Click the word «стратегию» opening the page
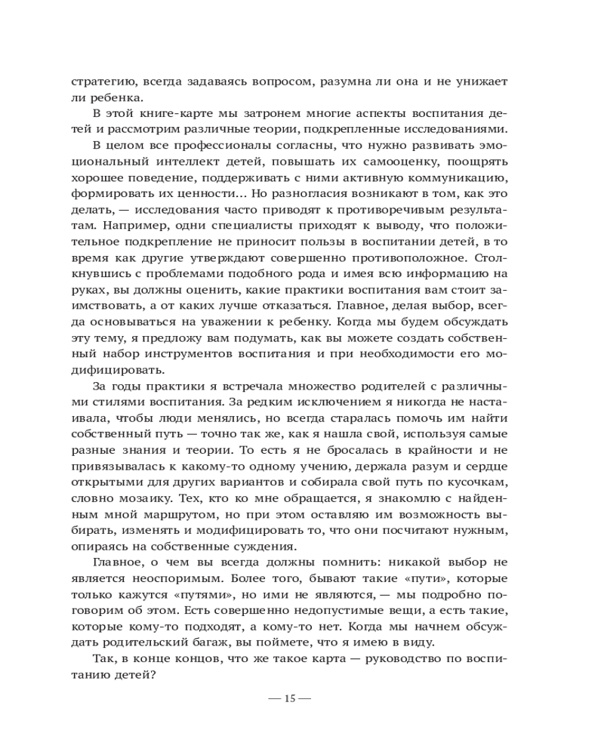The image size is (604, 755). click(102, 81)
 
